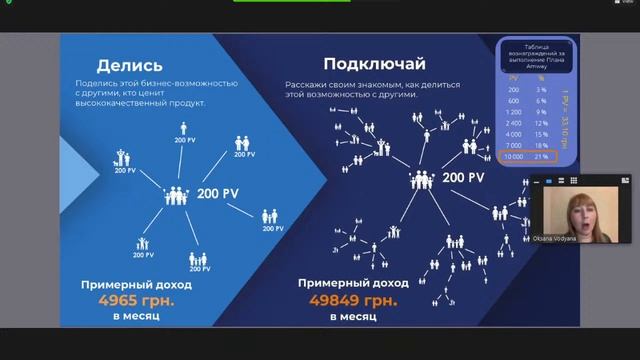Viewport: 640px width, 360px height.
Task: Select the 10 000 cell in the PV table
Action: [512, 157]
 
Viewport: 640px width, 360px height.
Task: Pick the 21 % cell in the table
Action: [541, 157]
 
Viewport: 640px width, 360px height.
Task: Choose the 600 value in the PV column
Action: [512, 101]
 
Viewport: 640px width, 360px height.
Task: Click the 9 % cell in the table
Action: [541, 112]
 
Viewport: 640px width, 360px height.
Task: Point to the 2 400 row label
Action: [512, 123]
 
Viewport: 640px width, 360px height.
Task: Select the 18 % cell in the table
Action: [541, 145]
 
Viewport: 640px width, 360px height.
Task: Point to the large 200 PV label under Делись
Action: [218, 192]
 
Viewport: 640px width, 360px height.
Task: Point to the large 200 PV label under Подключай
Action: [464, 178]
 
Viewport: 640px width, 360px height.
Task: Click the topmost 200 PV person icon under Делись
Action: [184, 129]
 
